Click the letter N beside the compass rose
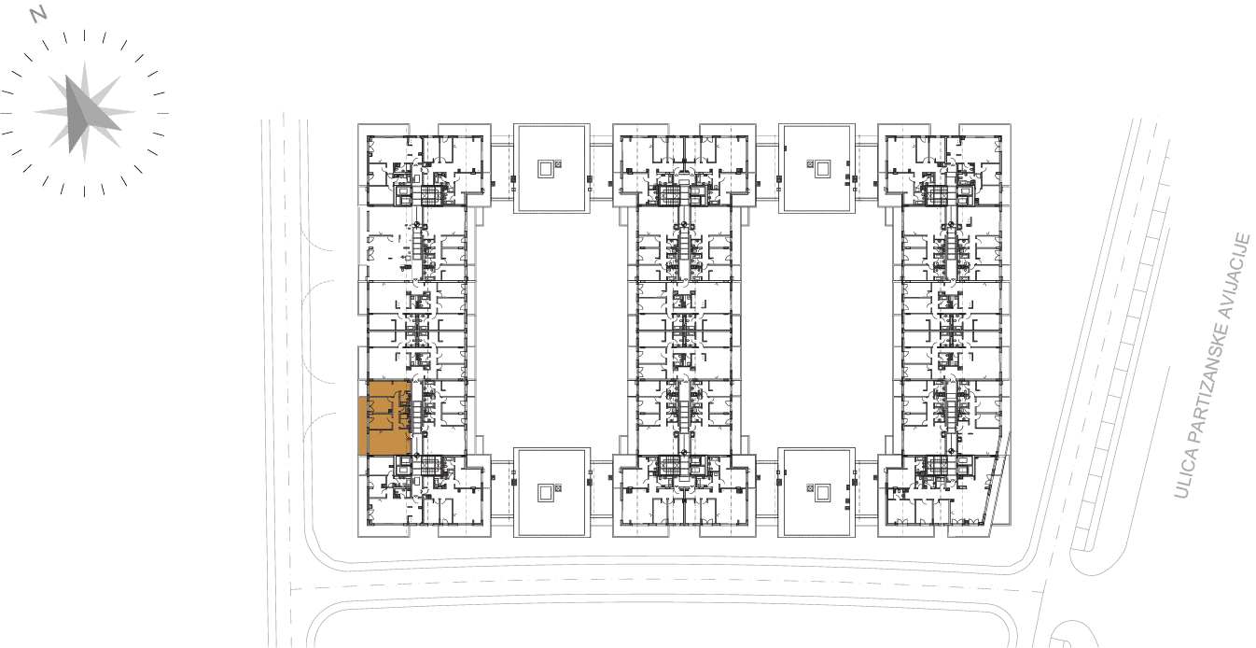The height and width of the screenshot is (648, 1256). [x=38, y=14]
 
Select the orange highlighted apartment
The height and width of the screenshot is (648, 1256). [x=384, y=418]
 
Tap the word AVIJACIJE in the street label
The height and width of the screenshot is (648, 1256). [x=1237, y=275]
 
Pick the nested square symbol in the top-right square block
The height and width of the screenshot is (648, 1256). [x=823, y=168]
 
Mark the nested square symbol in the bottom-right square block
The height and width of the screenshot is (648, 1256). [x=823, y=493]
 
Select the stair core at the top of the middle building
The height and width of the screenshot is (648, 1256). [x=669, y=196]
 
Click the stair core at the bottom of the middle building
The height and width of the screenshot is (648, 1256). [x=669, y=464]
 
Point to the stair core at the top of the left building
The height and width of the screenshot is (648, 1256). [x=430, y=196]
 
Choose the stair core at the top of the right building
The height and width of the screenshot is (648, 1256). [x=935, y=196]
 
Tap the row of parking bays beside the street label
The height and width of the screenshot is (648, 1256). [x=1127, y=343]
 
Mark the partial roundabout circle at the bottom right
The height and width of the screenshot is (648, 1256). [x=1074, y=634]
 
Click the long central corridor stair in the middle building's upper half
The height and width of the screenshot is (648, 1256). [x=683, y=251]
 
